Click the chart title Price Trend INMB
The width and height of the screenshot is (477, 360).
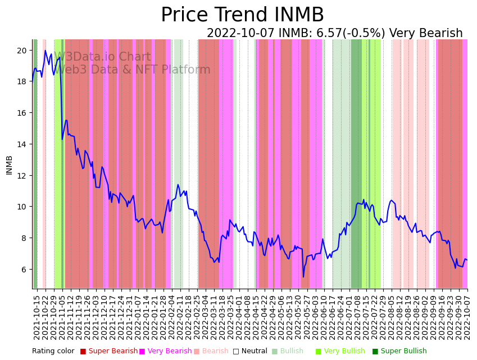click(x=242, y=15)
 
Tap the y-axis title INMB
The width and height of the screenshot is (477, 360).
click(x=9, y=165)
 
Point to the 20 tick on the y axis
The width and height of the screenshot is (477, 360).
click(x=22, y=51)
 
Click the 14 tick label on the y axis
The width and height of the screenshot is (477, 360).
click(x=22, y=144)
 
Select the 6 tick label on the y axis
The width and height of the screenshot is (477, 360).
click(x=24, y=270)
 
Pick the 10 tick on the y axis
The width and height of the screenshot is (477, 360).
click(x=22, y=207)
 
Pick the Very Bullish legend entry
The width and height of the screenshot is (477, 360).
click(x=343, y=352)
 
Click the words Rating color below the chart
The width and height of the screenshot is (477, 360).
click(x=53, y=352)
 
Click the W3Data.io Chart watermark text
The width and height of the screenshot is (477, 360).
click(x=102, y=57)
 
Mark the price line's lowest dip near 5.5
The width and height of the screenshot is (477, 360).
click(x=303, y=276)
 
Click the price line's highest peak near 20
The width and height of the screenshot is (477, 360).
click(x=46, y=51)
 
